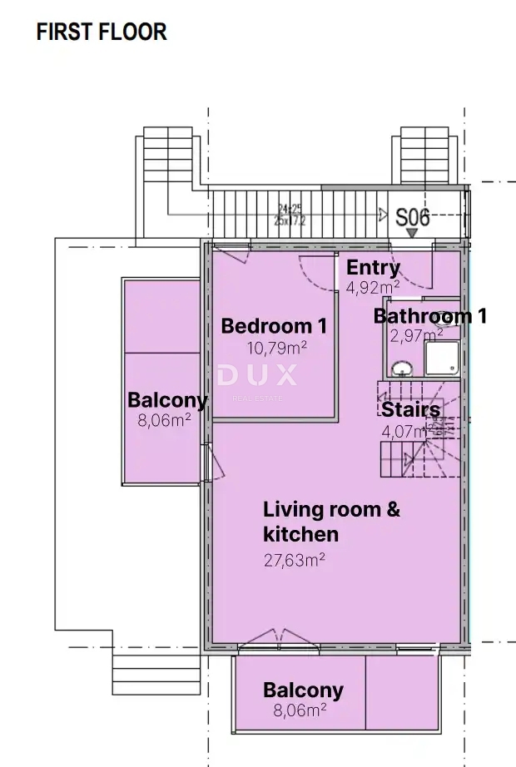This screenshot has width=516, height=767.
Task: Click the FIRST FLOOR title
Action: click(x=102, y=32)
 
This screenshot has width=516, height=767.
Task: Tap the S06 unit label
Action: click(x=412, y=218)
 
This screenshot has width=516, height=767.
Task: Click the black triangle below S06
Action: click(x=412, y=235)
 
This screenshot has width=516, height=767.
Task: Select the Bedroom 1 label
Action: click(x=274, y=326)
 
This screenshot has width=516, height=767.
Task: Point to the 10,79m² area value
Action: click(x=275, y=347)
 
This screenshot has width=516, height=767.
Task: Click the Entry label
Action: click(x=373, y=268)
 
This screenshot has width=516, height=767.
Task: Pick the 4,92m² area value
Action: click(x=373, y=287)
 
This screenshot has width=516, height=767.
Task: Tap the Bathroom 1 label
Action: click(x=429, y=316)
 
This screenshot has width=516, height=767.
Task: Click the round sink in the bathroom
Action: click(x=402, y=368)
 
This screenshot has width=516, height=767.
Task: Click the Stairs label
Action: click(x=410, y=410)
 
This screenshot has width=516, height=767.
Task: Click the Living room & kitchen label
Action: click(x=331, y=522)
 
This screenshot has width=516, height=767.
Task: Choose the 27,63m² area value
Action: click(x=295, y=560)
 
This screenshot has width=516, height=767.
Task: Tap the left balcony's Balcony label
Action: click(x=166, y=400)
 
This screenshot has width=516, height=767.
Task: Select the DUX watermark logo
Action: click(x=257, y=376)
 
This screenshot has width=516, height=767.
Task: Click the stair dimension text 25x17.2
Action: click(x=290, y=221)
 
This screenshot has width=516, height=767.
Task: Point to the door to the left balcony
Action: click(x=211, y=463)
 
